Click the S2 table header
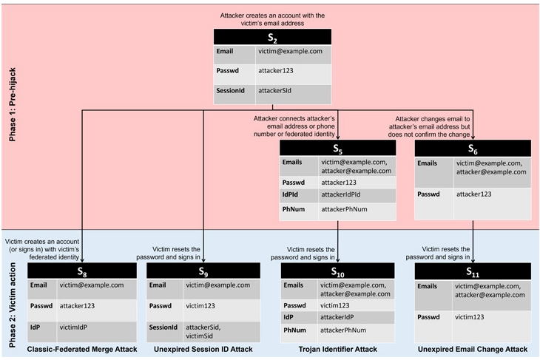(x=272, y=37)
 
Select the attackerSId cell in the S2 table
(x=294, y=94)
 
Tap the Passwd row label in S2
(x=234, y=74)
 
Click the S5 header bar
(x=337, y=148)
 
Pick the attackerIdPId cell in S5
(x=357, y=195)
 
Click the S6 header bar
(x=473, y=149)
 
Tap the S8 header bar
(x=82, y=271)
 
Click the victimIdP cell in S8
(x=96, y=331)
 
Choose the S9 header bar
(x=203, y=271)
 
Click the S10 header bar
(x=337, y=271)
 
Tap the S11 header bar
(x=473, y=271)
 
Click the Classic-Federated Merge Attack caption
(x=82, y=350)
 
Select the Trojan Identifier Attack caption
(x=338, y=350)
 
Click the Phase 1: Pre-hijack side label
(x=13, y=104)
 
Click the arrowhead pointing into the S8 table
(x=82, y=260)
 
